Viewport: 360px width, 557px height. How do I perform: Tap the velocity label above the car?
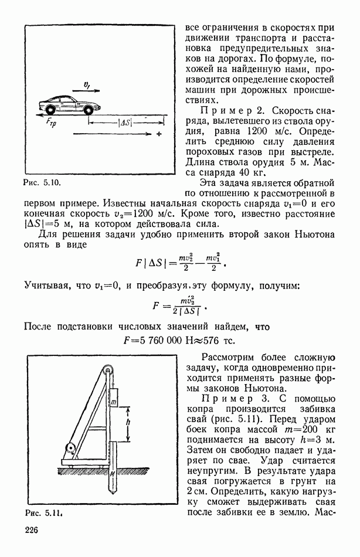pos(86,86)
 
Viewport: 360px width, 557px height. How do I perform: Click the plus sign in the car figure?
pos(158,135)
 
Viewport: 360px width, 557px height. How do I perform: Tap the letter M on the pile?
pos(111,469)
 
